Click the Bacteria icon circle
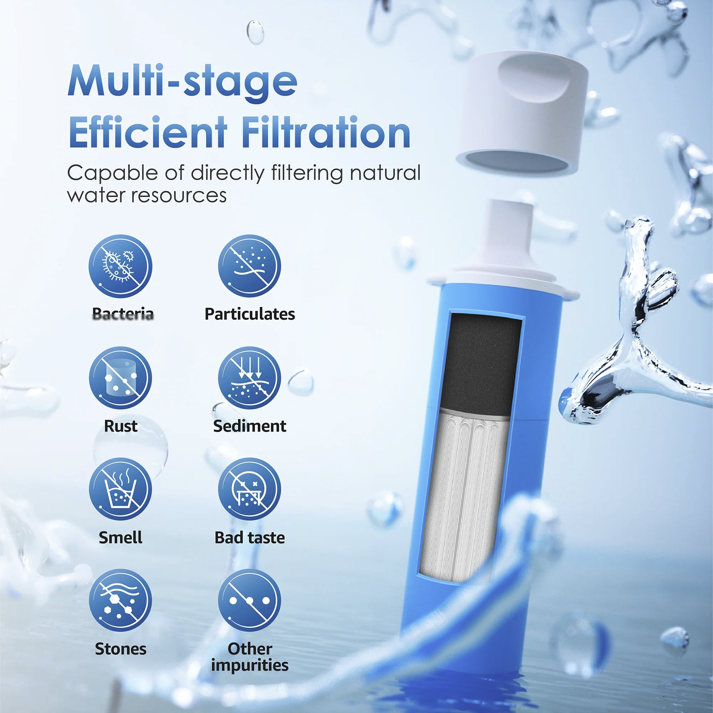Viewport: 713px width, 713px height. pos(120,266)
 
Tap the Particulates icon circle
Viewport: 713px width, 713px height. pos(250,266)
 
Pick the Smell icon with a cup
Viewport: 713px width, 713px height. pos(120,489)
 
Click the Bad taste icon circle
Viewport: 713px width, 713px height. pos(250,489)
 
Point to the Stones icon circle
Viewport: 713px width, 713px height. pos(120,600)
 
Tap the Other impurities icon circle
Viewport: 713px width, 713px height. pos(250,600)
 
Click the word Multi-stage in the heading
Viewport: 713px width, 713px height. pos(182,81)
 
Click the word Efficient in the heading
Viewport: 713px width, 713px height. pos(148,132)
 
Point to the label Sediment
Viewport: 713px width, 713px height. pos(250,426)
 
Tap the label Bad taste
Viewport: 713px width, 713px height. pos(250,538)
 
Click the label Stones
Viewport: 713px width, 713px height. pos(120,649)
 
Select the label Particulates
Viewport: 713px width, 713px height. pos(250,314)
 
